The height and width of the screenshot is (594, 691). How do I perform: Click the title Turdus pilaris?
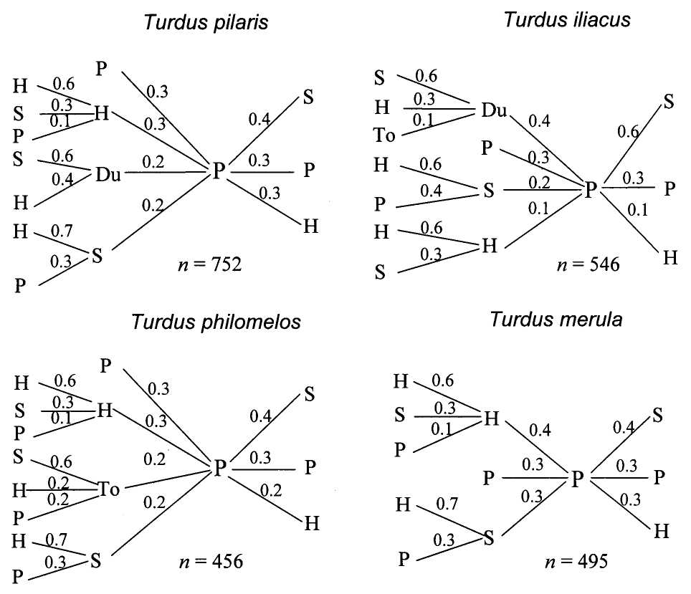point(206,22)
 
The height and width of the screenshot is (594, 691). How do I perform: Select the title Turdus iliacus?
point(567,19)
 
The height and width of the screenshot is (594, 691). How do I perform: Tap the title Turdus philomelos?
point(216,320)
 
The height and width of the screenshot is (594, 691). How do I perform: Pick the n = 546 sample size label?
point(588,265)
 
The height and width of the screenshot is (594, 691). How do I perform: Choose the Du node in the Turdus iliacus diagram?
point(493,110)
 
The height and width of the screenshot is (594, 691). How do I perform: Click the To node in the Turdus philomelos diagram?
point(109,490)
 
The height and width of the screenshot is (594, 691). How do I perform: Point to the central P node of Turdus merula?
point(578,477)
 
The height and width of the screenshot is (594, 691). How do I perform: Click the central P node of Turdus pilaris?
point(218,171)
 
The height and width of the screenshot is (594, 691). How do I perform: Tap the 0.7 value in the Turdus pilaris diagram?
point(62,231)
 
